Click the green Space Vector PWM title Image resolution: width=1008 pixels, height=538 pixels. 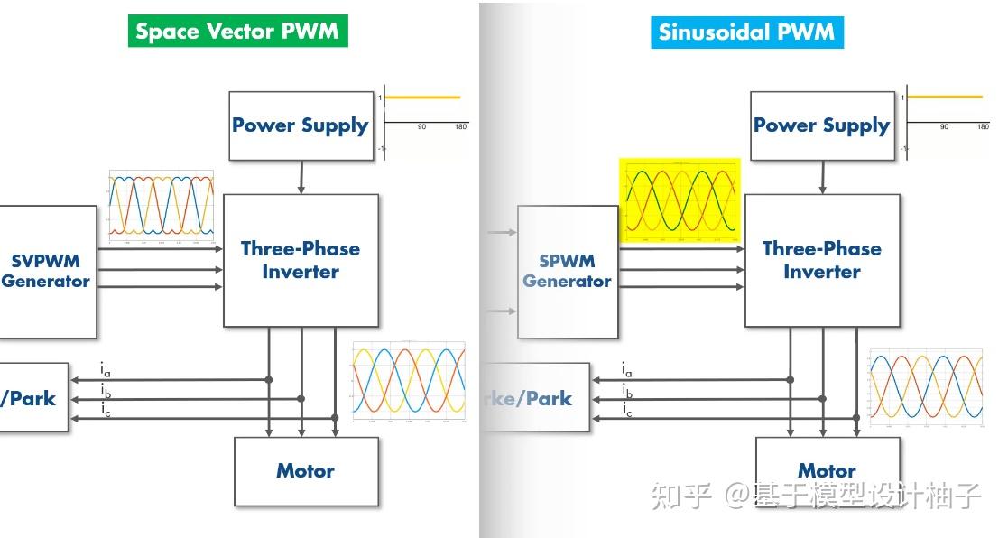236,32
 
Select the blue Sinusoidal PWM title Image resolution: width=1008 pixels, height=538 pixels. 747,32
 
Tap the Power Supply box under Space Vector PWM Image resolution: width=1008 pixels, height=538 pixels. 301,126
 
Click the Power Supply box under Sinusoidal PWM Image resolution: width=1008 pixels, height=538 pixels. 821,126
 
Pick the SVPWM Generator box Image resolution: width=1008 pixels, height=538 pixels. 46,271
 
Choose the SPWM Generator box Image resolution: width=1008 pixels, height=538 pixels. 567,272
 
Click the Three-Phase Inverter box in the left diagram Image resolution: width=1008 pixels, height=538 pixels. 301,260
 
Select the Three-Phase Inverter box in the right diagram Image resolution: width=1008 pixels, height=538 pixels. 821,260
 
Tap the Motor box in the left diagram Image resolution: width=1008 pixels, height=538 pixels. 305,471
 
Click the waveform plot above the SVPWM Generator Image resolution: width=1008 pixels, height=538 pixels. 161,207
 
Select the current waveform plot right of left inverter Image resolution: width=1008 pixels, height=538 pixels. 409,382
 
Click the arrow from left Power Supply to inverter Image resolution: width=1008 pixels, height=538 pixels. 301,178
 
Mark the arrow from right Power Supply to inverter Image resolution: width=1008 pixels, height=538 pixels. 822,178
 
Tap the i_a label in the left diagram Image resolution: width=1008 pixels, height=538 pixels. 106,369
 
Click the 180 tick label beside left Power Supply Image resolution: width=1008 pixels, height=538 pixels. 460,127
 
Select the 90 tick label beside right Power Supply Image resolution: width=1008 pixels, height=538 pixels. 944,127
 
